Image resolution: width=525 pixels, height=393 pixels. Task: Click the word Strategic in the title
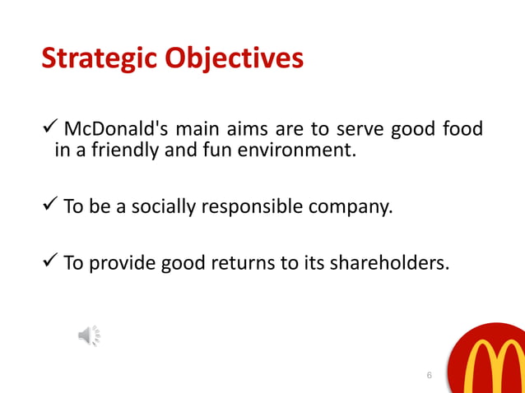[100, 58]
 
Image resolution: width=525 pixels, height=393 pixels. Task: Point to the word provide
[122, 263]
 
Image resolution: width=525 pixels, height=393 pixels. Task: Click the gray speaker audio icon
[89, 335]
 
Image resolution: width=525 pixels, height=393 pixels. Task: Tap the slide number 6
[429, 376]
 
